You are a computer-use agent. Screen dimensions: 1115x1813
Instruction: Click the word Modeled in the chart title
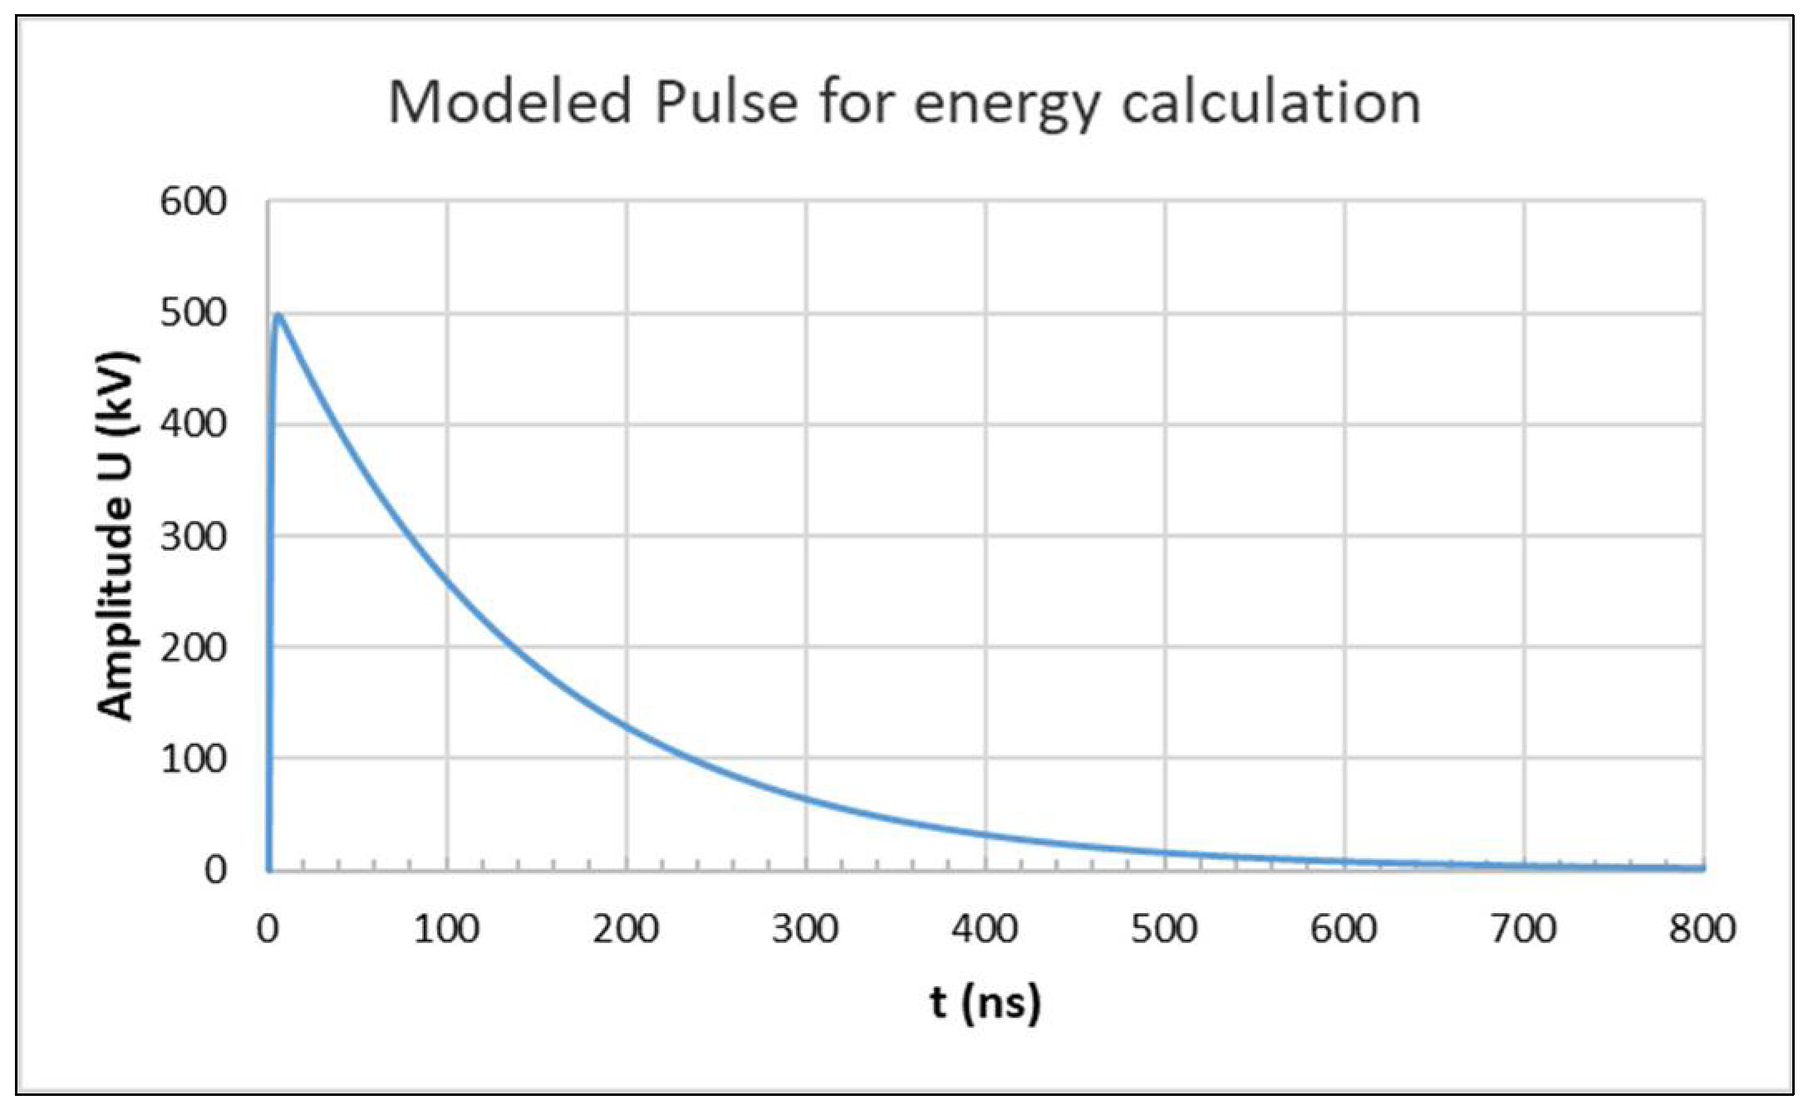[509, 103]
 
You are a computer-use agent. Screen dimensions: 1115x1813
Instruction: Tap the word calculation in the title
[1271, 103]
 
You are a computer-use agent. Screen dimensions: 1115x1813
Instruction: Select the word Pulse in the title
[725, 103]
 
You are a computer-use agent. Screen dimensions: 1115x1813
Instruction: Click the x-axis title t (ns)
[985, 1003]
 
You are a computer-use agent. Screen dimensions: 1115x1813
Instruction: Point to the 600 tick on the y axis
[193, 202]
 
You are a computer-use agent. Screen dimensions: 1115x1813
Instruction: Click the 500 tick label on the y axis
[193, 313]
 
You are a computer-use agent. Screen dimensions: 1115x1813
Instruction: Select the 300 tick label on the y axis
[193, 537]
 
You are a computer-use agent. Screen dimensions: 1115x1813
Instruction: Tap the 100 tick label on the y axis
[193, 759]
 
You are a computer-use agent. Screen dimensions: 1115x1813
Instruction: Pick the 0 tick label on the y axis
[215, 870]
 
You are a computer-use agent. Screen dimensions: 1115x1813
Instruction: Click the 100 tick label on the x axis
[446, 929]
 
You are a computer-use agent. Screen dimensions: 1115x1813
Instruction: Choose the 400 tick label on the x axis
[985, 929]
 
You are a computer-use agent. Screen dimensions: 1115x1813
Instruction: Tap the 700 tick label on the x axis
[1523, 929]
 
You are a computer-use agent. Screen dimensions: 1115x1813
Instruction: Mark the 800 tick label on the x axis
[1702, 929]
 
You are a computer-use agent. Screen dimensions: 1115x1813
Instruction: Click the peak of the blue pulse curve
[278, 316]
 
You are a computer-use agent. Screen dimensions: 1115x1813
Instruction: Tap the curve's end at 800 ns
[1702, 868]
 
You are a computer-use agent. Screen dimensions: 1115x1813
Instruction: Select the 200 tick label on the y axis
[193, 647]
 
